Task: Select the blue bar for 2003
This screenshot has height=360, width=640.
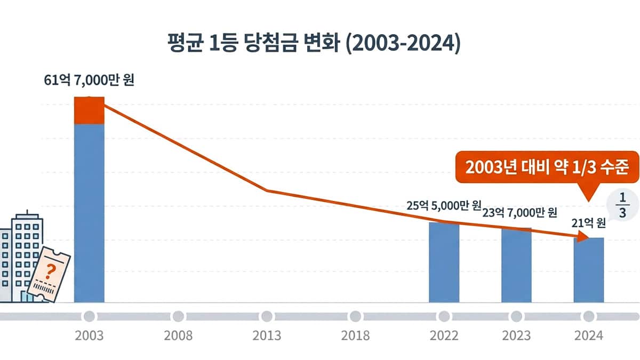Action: click(89, 213)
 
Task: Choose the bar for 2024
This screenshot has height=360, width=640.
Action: click(588, 270)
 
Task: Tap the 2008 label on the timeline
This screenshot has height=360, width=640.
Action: click(178, 336)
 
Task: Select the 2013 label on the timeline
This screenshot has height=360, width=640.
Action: click(267, 336)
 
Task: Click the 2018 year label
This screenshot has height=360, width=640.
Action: click(355, 336)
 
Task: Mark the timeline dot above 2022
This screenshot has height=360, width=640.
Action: click(444, 316)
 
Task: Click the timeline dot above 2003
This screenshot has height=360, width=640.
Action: click(89, 316)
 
